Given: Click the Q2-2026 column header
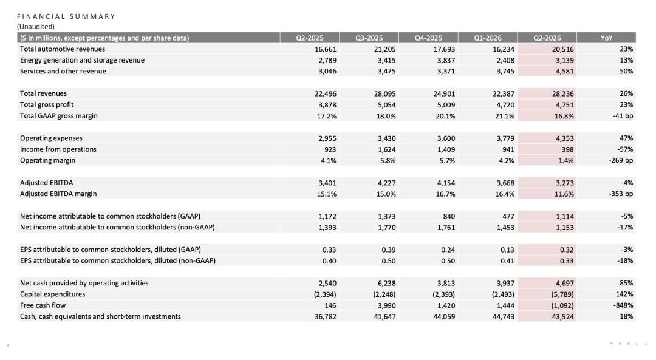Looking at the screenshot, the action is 547,38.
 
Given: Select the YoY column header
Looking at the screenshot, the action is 606,38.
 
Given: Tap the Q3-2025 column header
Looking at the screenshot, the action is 369,38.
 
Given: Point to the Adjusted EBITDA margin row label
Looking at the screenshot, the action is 58,194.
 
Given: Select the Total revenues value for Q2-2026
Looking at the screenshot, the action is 562,93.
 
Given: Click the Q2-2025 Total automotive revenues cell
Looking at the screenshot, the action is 326,49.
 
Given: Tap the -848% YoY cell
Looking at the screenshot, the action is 623,305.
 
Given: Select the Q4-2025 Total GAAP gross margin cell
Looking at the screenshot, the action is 445,116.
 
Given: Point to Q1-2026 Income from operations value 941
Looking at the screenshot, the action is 508,149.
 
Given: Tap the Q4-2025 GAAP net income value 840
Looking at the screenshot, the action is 449,216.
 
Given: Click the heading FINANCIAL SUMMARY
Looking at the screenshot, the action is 66,16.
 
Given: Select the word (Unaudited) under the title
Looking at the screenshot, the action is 36,26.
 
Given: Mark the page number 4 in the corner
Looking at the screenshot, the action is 8,345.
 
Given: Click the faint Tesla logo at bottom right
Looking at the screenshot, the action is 629,344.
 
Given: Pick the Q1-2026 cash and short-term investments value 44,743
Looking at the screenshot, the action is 504,316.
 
